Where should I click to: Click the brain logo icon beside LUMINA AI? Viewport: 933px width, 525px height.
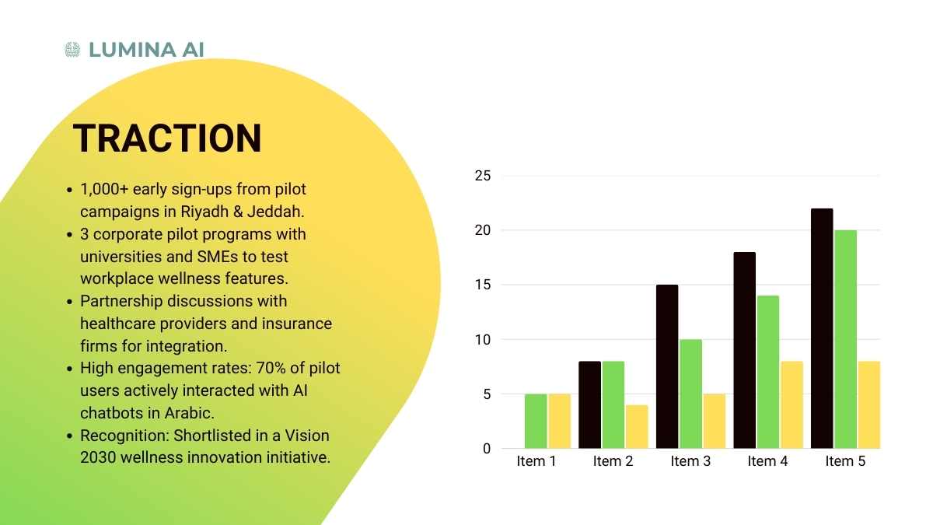coord(72,50)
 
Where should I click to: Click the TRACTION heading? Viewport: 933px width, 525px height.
coord(167,138)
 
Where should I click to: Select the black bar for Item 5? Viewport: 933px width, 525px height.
coord(822,328)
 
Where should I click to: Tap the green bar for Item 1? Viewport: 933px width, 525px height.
coord(536,422)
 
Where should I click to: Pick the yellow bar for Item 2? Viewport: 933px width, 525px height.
coord(637,427)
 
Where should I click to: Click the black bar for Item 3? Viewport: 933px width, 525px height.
coord(667,366)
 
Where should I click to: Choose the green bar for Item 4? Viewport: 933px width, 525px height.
coord(768,372)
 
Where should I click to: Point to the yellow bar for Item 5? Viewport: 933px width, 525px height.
coord(869,405)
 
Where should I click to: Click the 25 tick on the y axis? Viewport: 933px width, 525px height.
coord(483,176)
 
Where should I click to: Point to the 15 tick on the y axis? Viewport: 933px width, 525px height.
coord(483,285)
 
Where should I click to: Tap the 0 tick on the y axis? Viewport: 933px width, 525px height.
coord(487,449)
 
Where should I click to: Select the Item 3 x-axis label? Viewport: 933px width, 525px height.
coord(690,461)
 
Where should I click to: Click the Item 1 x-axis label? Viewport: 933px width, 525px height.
coord(536,461)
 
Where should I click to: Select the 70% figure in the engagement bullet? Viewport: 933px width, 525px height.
coord(269,369)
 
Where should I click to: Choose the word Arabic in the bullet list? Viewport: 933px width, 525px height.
coord(189,413)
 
